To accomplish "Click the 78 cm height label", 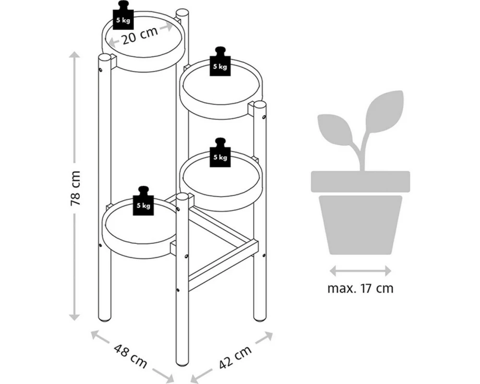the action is pyautogui.click(x=75, y=188).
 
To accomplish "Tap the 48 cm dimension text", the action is pyautogui.click(x=131, y=356).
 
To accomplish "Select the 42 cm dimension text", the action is pyautogui.click(x=235, y=356).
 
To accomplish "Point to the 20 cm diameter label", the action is pyautogui.click(x=140, y=35).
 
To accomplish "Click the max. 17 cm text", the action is pyautogui.click(x=360, y=288).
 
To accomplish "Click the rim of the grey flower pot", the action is pyautogui.click(x=360, y=181).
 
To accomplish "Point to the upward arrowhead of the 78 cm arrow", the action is pyautogui.click(x=74, y=55).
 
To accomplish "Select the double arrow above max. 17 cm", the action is pyautogui.click(x=360, y=271).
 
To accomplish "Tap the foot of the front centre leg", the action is pyautogui.click(x=183, y=364).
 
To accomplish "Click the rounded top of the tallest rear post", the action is pyautogui.click(x=182, y=14).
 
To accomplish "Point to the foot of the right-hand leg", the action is pyautogui.click(x=260, y=319).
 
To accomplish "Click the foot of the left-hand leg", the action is pyautogui.click(x=104, y=319).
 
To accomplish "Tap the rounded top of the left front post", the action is pyautogui.click(x=104, y=58).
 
